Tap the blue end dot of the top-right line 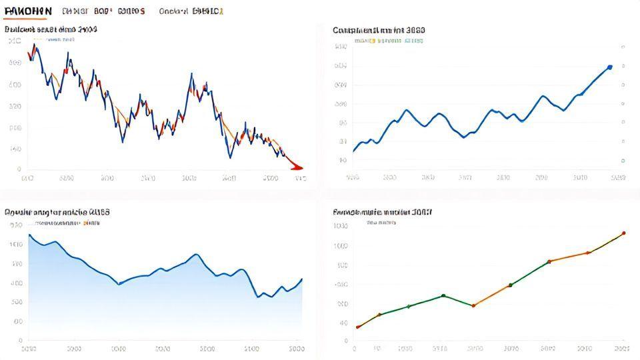point(610,67)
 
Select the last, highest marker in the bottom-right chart point(623,233)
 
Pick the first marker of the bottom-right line point(358,327)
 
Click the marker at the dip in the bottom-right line point(473,305)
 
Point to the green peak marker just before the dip point(443,295)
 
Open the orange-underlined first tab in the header point(27,11)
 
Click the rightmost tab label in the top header point(207,11)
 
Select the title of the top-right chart point(379,30)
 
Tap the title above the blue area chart point(57,211)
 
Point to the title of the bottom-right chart point(382,211)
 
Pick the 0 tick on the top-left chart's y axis point(18,169)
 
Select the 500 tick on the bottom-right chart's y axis point(341,265)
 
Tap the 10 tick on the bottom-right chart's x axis point(378,349)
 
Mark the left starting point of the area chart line point(29,235)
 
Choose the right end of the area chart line point(302,279)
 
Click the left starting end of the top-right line point(353,151)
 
